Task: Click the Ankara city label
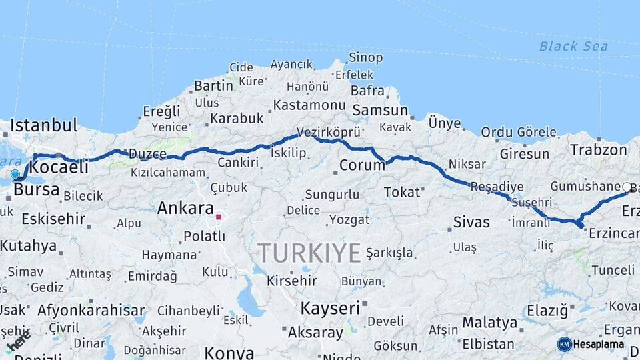coord(185,208)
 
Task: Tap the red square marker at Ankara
coord(218,217)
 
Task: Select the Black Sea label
coord(573,46)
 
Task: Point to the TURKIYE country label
coord(309,253)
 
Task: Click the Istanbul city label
coord(44,125)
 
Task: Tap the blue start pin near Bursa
coord(15,175)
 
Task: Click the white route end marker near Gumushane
coord(627,188)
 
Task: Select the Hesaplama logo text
coord(599,345)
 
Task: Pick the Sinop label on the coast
coord(366,58)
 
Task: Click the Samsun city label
coord(380,111)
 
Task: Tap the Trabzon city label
coord(599,150)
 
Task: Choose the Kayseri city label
coord(330,308)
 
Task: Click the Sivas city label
coord(471,222)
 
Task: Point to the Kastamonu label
coord(309,105)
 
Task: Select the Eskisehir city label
coord(53,219)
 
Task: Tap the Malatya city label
coord(489,323)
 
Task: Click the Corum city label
coord(362,165)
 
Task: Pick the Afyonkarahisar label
coord(91,310)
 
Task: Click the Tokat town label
coord(402,192)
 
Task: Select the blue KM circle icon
coord(565,345)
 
